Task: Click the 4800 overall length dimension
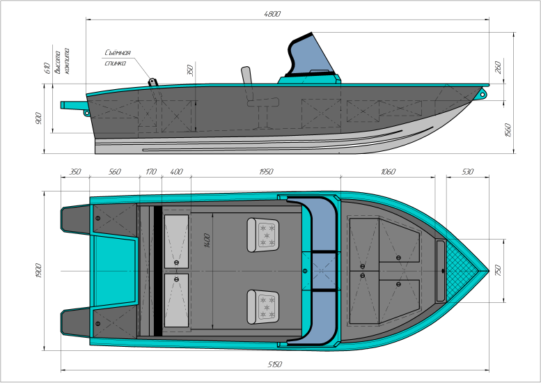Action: [272, 14]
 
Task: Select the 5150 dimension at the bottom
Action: [274, 364]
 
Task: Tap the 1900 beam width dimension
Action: [38, 270]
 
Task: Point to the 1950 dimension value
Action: [266, 171]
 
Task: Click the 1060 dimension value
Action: [388, 171]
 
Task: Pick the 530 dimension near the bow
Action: [467, 171]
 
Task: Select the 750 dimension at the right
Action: [498, 270]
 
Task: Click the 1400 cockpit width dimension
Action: [207, 240]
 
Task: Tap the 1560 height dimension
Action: [508, 130]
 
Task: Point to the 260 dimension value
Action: [498, 68]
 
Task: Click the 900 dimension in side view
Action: [38, 118]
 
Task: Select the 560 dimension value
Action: [115, 171]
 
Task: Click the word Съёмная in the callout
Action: [118, 53]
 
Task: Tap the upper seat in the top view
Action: [263, 235]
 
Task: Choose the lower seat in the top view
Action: [263, 307]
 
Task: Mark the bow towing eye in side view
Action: [483, 93]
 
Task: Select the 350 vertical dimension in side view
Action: [190, 70]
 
